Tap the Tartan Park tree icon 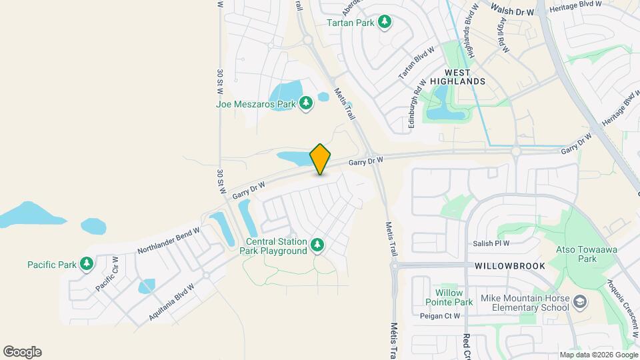click(385, 23)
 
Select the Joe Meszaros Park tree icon click(306, 103)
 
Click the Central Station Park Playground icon click(317, 246)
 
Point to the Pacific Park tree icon click(87, 265)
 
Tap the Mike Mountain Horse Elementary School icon click(581, 303)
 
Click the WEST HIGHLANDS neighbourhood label click(457, 77)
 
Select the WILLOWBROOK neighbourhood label click(510, 266)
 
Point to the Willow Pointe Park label click(454, 297)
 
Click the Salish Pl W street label click(492, 244)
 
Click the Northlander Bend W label click(169, 241)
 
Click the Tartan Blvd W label click(416, 63)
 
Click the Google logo click(22, 352)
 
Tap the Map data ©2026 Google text click(598, 355)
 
